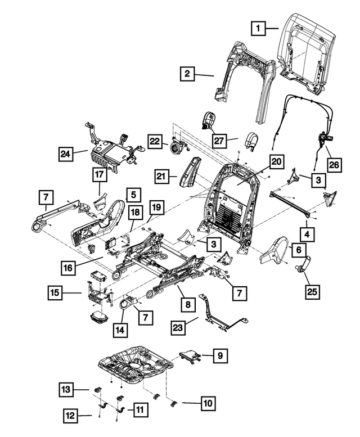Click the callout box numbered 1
pyautogui.click(x=258, y=28)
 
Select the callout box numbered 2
pyautogui.click(x=187, y=74)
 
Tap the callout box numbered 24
pyautogui.click(x=66, y=154)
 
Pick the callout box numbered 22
pyautogui.click(x=155, y=141)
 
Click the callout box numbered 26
pyautogui.click(x=334, y=165)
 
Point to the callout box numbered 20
pyautogui.click(x=277, y=161)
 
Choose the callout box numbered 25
pyautogui.click(x=312, y=291)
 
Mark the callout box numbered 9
pyautogui.click(x=220, y=355)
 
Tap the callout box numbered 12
pyautogui.click(x=70, y=416)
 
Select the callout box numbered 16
pyautogui.click(x=68, y=268)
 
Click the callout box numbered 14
pyautogui.click(x=120, y=330)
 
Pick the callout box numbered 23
pyautogui.click(x=178, y=328)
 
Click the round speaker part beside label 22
pyautogui.click(x=175, y=147)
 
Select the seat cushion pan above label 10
pyautogui.click(x=136, y=365)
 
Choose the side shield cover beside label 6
pyautogui.click(x=274, y=250)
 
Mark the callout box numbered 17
pyautogui.click(x=100, y=175)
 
